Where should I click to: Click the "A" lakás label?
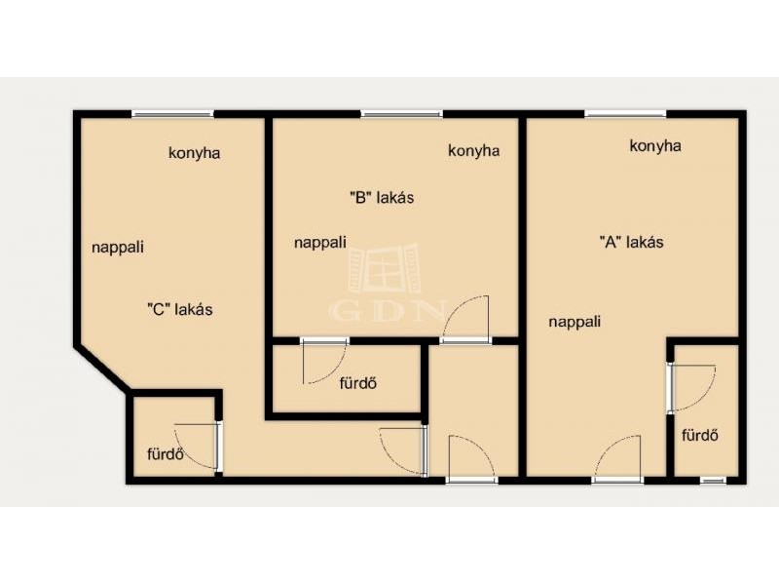coord(631,242)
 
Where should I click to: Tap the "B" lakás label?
coord(382,198)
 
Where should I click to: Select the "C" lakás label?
coord(180,309)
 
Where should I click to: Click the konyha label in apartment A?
coord(655,145)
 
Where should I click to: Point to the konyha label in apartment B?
coord(474,151)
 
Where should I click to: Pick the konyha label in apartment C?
coord(194,153)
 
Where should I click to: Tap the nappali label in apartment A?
coord(575,322)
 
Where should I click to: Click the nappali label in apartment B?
coord(320,243)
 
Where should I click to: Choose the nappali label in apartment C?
coord(118,248)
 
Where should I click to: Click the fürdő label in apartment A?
coord(700,435)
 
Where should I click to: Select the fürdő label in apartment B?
coord(358,383)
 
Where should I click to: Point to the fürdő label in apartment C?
coord(166,454)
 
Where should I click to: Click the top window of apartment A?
coord(625,114)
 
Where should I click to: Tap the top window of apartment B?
coord(401,114)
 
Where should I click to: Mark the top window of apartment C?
coord(172,114)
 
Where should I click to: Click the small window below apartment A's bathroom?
coord(713,481)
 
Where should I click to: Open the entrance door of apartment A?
coord(617,458)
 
